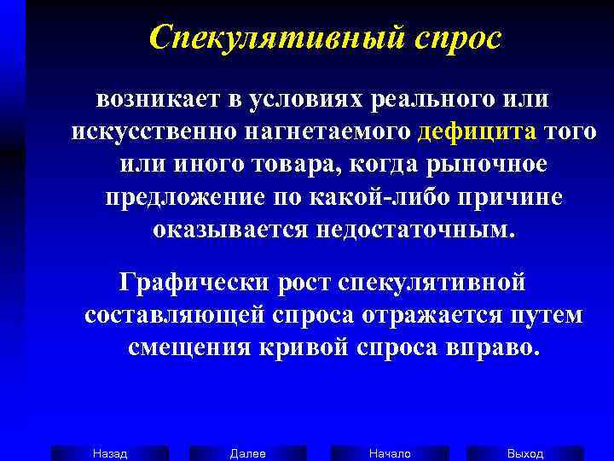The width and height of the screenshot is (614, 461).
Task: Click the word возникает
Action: (x=158, y=100)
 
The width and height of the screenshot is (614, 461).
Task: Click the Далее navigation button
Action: (x=247, y=453)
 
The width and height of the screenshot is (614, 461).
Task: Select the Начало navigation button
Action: (x=389, y=453)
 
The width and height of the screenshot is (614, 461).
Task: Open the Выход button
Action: (x=525, y=453)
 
